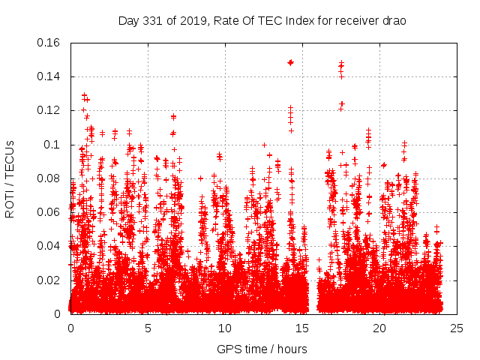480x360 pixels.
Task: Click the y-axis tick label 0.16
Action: point(49,43)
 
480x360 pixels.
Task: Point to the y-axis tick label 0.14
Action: point(49,76)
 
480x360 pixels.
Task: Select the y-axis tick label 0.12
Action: point(49,110)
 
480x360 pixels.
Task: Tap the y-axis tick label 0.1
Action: point(54,145)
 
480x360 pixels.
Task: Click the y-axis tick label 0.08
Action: point(49,178)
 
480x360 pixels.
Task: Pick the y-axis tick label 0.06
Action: point(49,212)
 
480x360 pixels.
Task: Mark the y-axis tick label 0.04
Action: point(49,246)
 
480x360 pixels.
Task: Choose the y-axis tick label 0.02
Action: point(49,280)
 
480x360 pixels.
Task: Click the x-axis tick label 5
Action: point(148,328)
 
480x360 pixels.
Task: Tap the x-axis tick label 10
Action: point(225,328)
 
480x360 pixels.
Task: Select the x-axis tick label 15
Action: point(302,328)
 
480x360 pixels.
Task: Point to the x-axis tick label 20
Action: point(379,328)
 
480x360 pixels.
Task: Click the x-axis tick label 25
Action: point(457,328)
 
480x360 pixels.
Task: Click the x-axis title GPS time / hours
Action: point(262,349)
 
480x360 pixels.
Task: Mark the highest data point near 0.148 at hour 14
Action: point(290,62)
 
